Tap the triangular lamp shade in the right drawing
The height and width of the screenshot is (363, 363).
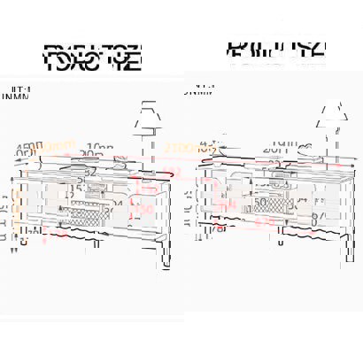tap(331, 113)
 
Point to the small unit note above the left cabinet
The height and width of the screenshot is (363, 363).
tap(19, 94)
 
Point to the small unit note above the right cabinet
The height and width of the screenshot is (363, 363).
tap(199, 89)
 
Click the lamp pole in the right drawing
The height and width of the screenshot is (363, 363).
tap(332, 177)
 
